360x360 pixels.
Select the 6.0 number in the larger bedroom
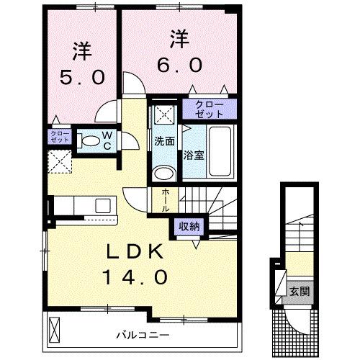174,63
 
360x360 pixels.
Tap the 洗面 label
165,142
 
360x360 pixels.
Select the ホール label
165,199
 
